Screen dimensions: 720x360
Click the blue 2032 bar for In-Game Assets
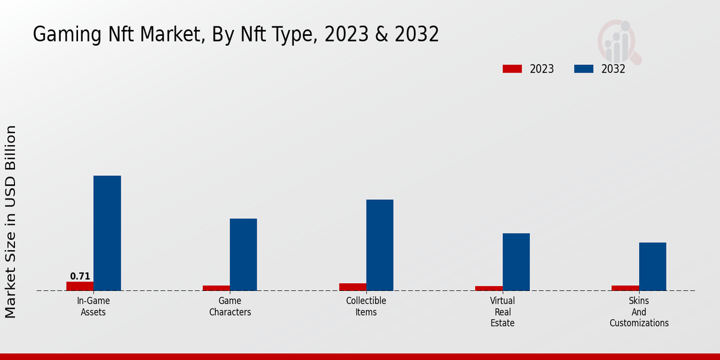tap(107, 233)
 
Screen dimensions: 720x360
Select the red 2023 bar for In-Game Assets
tap(80, 286)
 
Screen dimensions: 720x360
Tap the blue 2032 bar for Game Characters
tap(244, 254)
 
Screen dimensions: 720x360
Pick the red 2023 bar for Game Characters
tap(217, 288)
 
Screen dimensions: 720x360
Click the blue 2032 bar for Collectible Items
tap(380, 245)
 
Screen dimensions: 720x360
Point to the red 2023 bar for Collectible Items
tap(353, 287)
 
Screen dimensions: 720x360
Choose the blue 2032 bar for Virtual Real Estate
tap(516, 262)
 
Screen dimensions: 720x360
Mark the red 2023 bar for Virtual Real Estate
tap(489, 289)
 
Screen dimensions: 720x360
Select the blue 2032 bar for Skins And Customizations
tap(653, 266)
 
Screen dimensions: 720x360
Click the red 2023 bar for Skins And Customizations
tap(625, 288)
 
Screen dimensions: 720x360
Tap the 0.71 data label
tap(80, 276)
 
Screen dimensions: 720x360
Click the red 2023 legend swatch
tap(512, 69)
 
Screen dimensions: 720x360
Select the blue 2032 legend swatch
tap(584, 69)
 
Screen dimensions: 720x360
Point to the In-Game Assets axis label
tap(93, 307)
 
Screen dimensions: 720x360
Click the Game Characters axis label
tap(230, 307)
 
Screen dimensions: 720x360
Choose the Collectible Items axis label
tap(366, 307)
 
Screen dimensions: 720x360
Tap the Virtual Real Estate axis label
tap(502, 312)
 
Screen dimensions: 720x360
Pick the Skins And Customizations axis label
tap(639, 312)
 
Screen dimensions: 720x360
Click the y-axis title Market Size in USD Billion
tap(10, 222)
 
